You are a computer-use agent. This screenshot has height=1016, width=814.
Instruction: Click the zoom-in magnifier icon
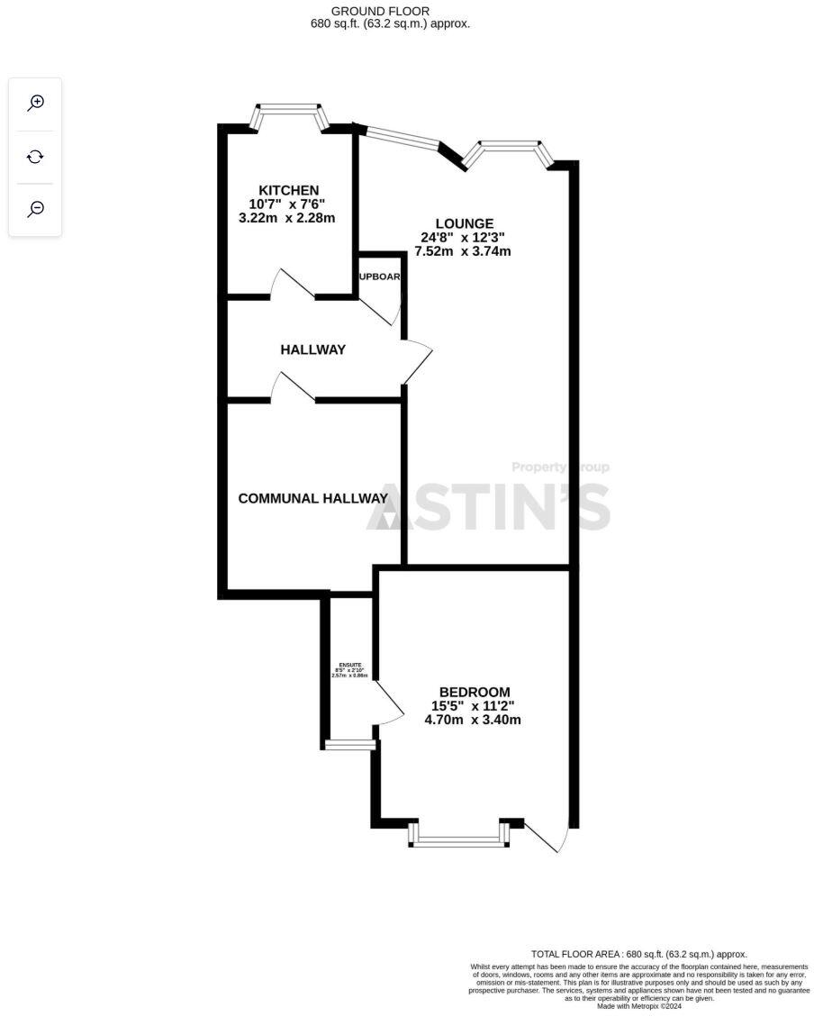pos(35,103)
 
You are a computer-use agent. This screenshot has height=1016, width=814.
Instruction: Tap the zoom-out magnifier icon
pos(35,209)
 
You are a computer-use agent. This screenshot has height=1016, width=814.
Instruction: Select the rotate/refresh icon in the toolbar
pos(35,157)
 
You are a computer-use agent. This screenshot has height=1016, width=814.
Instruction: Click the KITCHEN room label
pos(288,190)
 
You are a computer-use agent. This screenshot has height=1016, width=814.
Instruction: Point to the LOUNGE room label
pos(464,223)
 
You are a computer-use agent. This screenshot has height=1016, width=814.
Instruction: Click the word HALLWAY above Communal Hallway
pos(312,349)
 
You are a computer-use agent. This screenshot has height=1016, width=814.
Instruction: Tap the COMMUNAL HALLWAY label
pos(312,498)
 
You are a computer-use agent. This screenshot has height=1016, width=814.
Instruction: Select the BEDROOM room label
pos(474,692)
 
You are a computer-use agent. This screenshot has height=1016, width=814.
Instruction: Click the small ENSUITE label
pos(350,665)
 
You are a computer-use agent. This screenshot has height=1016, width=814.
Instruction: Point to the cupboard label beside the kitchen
pos(379,277)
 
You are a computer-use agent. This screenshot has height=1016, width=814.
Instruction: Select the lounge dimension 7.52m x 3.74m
pos(463,251)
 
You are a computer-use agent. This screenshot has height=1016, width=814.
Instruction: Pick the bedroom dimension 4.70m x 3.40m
pos(474,720)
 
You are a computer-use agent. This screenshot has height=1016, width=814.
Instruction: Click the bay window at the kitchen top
pos(288,116)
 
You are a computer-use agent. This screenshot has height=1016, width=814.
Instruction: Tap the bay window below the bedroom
pos(459,838)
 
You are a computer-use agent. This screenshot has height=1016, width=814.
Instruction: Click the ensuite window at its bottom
pos(350,745)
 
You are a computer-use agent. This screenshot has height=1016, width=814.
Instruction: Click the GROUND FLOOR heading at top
pos(392,11)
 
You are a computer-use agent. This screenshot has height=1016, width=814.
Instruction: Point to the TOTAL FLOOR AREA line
pos(638,954)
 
